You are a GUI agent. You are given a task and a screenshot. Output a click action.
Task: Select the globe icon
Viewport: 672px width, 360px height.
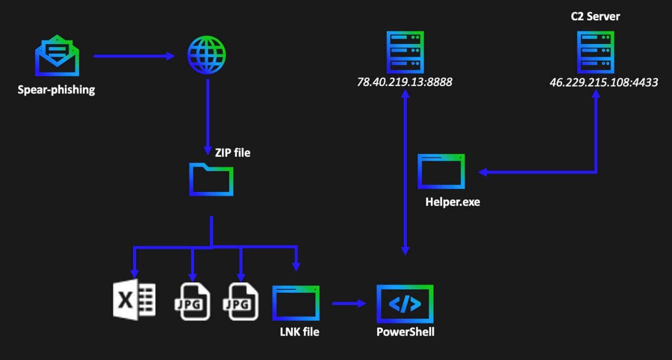tap(206, 55)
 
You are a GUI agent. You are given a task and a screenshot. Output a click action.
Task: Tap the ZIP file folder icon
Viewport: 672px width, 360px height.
tap(211, 180)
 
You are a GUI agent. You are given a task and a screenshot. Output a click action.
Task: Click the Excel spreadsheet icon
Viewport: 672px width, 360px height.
tap(134, 301)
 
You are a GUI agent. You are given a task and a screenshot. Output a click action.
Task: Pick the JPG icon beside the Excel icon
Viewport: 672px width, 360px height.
tap(193, 302)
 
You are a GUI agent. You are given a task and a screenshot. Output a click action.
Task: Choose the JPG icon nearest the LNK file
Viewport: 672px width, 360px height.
tap(242, 302)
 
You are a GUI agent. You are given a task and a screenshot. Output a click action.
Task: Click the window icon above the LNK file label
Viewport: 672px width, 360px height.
tap(296, 303)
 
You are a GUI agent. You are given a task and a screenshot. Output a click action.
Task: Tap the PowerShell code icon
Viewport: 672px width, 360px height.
tap(405, 303)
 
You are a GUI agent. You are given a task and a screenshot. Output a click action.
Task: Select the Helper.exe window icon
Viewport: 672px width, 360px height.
tap(441, 172)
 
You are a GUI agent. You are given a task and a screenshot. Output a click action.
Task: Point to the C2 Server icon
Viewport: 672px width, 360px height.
tap(595, 52)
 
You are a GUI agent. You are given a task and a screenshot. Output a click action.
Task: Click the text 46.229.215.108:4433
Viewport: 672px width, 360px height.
tap(603, 83)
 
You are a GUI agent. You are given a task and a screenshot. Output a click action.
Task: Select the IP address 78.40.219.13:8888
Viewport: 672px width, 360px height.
tap(404, 83)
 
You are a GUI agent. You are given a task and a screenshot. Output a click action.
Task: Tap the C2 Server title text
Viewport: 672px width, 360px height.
tap(595, 17)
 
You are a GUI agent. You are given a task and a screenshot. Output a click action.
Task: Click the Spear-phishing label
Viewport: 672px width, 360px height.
tap(56, 90)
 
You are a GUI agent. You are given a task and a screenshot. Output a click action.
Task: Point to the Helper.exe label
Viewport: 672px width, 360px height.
tap(452, 202)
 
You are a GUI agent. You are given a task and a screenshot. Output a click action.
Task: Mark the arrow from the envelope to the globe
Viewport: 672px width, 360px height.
tap(134, 56)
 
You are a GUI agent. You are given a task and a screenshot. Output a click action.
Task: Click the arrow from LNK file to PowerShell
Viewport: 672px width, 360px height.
tap(350, 303)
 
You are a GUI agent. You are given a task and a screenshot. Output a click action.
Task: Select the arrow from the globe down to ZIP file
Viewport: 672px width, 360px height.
tap(207, 114)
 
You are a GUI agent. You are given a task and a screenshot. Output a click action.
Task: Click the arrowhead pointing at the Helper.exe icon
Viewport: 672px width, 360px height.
tap(482, 172)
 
